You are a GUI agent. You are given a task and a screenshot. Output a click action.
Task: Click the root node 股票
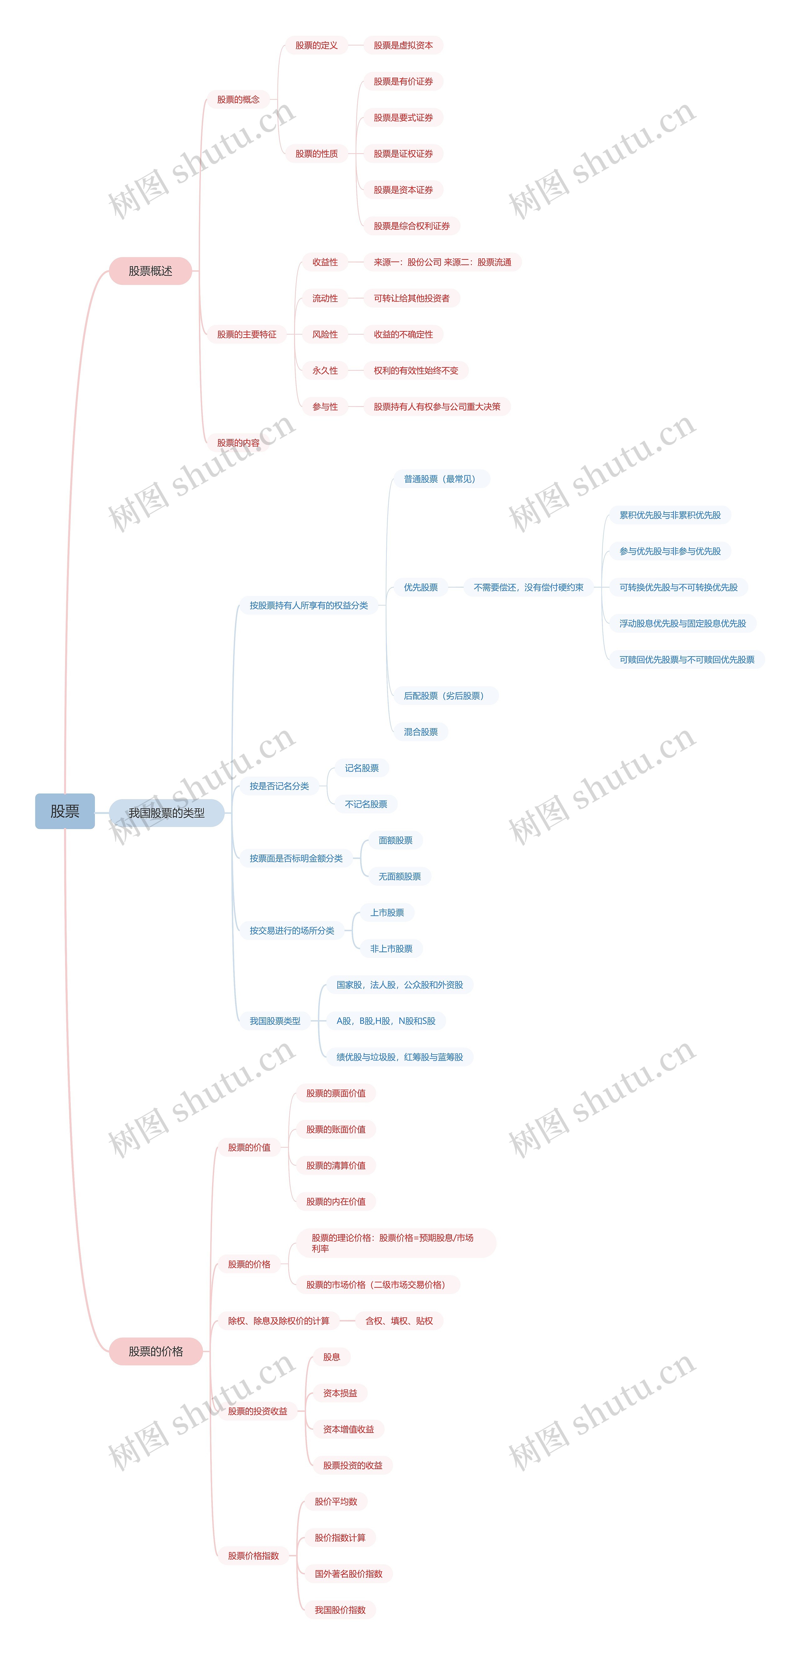[65, 811]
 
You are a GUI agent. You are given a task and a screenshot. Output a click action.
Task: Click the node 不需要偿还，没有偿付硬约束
[528, 587]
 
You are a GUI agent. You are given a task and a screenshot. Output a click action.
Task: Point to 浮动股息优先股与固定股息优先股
[682, 623]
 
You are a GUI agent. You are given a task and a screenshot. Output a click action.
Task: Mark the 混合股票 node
[421, 732]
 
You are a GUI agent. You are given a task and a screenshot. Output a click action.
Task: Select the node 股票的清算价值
[335, 1165]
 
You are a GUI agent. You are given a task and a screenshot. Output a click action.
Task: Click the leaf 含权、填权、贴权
[399, 1321]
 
